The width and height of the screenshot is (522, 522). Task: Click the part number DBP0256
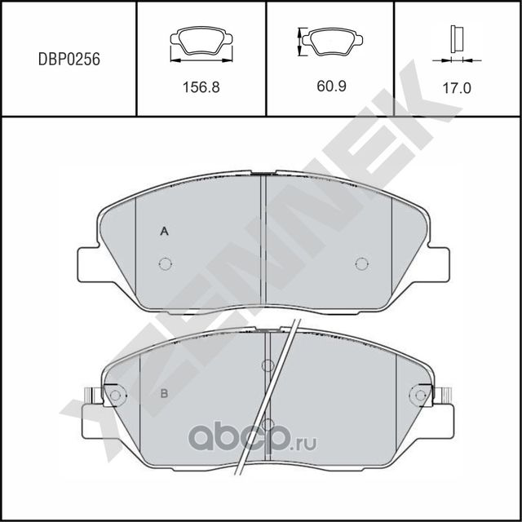(x=69, y=59)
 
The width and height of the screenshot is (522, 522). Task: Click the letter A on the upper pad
(x=164, y=232)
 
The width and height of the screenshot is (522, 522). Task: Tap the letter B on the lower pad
(x=164, y=395)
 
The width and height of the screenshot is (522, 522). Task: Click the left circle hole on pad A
(x=165, y=263)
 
